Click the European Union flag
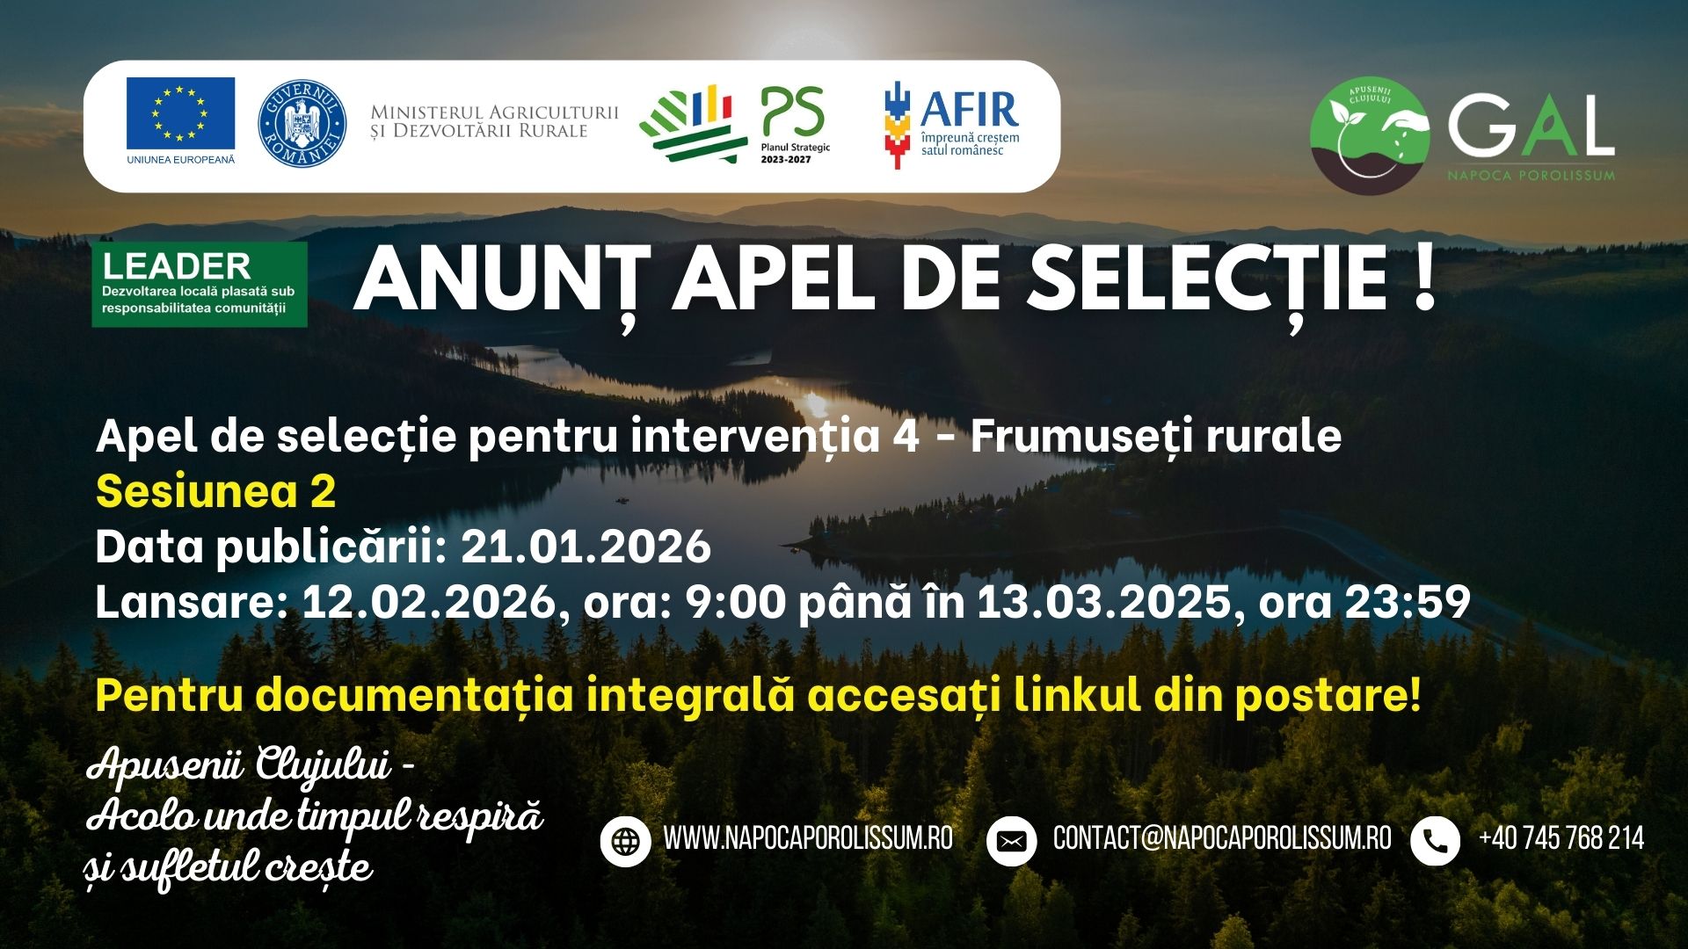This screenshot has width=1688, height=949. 180,113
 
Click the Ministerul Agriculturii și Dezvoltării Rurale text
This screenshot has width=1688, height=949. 494,122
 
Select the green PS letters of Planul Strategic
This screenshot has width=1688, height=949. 793,112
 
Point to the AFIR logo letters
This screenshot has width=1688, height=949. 970,109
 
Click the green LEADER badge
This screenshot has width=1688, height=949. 200,284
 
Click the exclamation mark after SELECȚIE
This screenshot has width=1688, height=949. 1423,278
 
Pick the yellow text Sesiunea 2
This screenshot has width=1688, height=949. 215,492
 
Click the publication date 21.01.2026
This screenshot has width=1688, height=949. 586,547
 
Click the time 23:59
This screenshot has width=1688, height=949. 1408,602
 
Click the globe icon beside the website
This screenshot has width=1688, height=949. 625,841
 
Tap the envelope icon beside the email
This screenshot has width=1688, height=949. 1011,841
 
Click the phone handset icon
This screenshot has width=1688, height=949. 1435,841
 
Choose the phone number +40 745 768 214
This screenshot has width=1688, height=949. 1561,838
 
